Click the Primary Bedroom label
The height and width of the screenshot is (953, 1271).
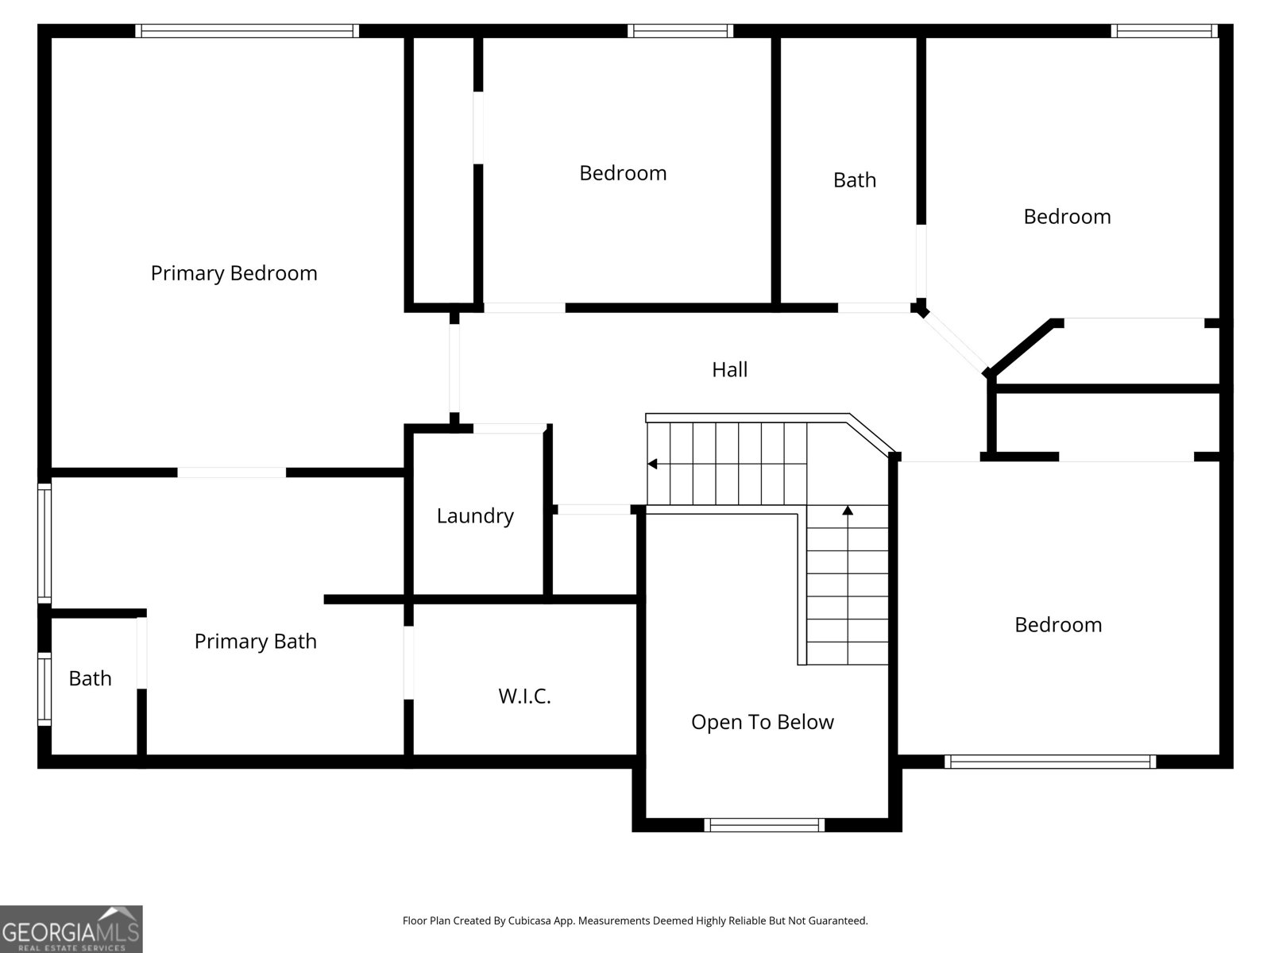coord(234,273)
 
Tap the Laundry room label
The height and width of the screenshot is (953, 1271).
coord(475,515)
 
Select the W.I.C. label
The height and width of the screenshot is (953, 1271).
coord(524,696)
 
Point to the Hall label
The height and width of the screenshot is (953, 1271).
coord(729,369)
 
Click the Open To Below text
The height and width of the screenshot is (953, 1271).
coord(762,722)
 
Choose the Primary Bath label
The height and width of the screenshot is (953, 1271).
coord(255,641)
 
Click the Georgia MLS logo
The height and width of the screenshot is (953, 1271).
coord(71,928)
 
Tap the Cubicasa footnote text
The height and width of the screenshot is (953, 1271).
coord(635,920)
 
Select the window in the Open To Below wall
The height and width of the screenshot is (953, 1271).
coord(764,825)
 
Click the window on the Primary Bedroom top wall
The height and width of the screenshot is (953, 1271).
coord(247,31)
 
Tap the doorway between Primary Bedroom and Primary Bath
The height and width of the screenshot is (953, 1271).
coord(232,473)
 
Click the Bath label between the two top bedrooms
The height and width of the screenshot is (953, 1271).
coord(855,180)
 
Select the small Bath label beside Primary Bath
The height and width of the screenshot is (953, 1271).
coord(90,678)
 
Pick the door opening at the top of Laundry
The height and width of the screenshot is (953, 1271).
coord(509,428)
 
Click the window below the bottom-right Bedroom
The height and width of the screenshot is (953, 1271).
coord(1050,762)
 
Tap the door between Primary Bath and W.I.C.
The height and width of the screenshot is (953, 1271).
coord(409,662)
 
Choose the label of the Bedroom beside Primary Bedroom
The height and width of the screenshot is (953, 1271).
coord(623,173)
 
